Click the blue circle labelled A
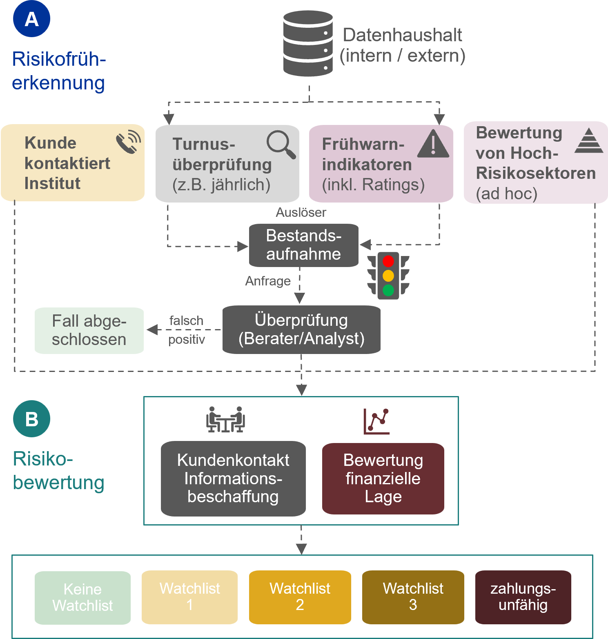pos(31,19)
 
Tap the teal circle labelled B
pos(31,419)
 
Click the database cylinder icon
pos(308,44)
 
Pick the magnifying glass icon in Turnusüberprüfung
pos(281,144)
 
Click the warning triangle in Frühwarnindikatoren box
pos(433,144)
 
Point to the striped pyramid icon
pos(589,141)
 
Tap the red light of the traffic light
pos(388,261)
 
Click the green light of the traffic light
pos(388,290)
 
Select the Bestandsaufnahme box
pos(304,245)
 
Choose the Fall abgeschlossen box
pos(89,330)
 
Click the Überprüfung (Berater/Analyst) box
pos(301,330)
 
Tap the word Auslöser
pos(301,212)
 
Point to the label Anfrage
pos(268,281)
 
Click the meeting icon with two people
pos(225,419)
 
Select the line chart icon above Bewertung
pos(376,421)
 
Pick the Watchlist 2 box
pos(300,597)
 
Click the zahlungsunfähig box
pos(523,597)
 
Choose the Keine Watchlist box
pos(82,597)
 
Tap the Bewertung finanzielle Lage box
pos(383,479)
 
